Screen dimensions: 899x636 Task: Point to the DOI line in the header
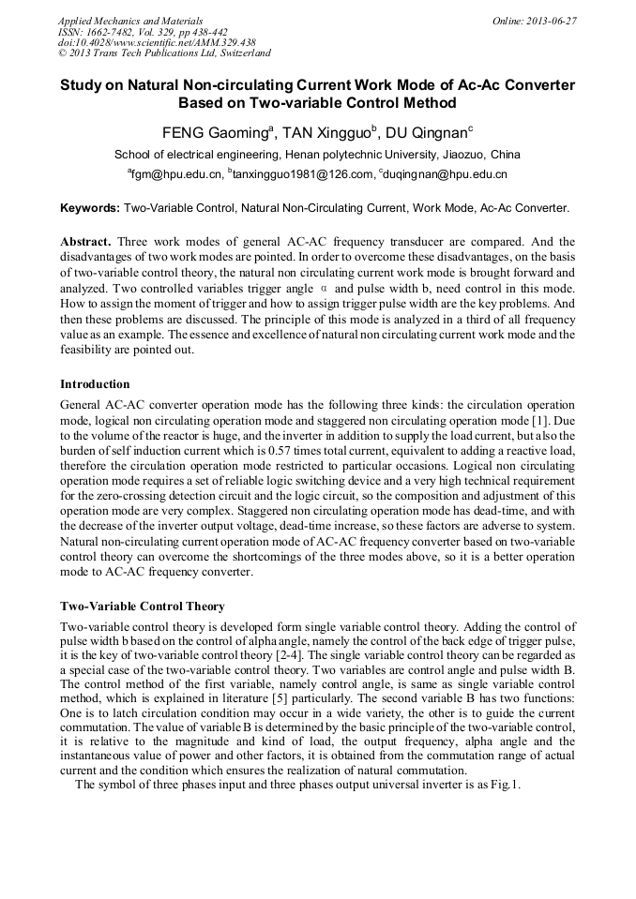point(156,42)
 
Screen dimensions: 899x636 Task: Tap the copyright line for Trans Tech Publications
point(164,53)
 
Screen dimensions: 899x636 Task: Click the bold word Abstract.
point(86,241)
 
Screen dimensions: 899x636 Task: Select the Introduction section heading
point(95,384)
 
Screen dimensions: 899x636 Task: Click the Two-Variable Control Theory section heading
point(142,607)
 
